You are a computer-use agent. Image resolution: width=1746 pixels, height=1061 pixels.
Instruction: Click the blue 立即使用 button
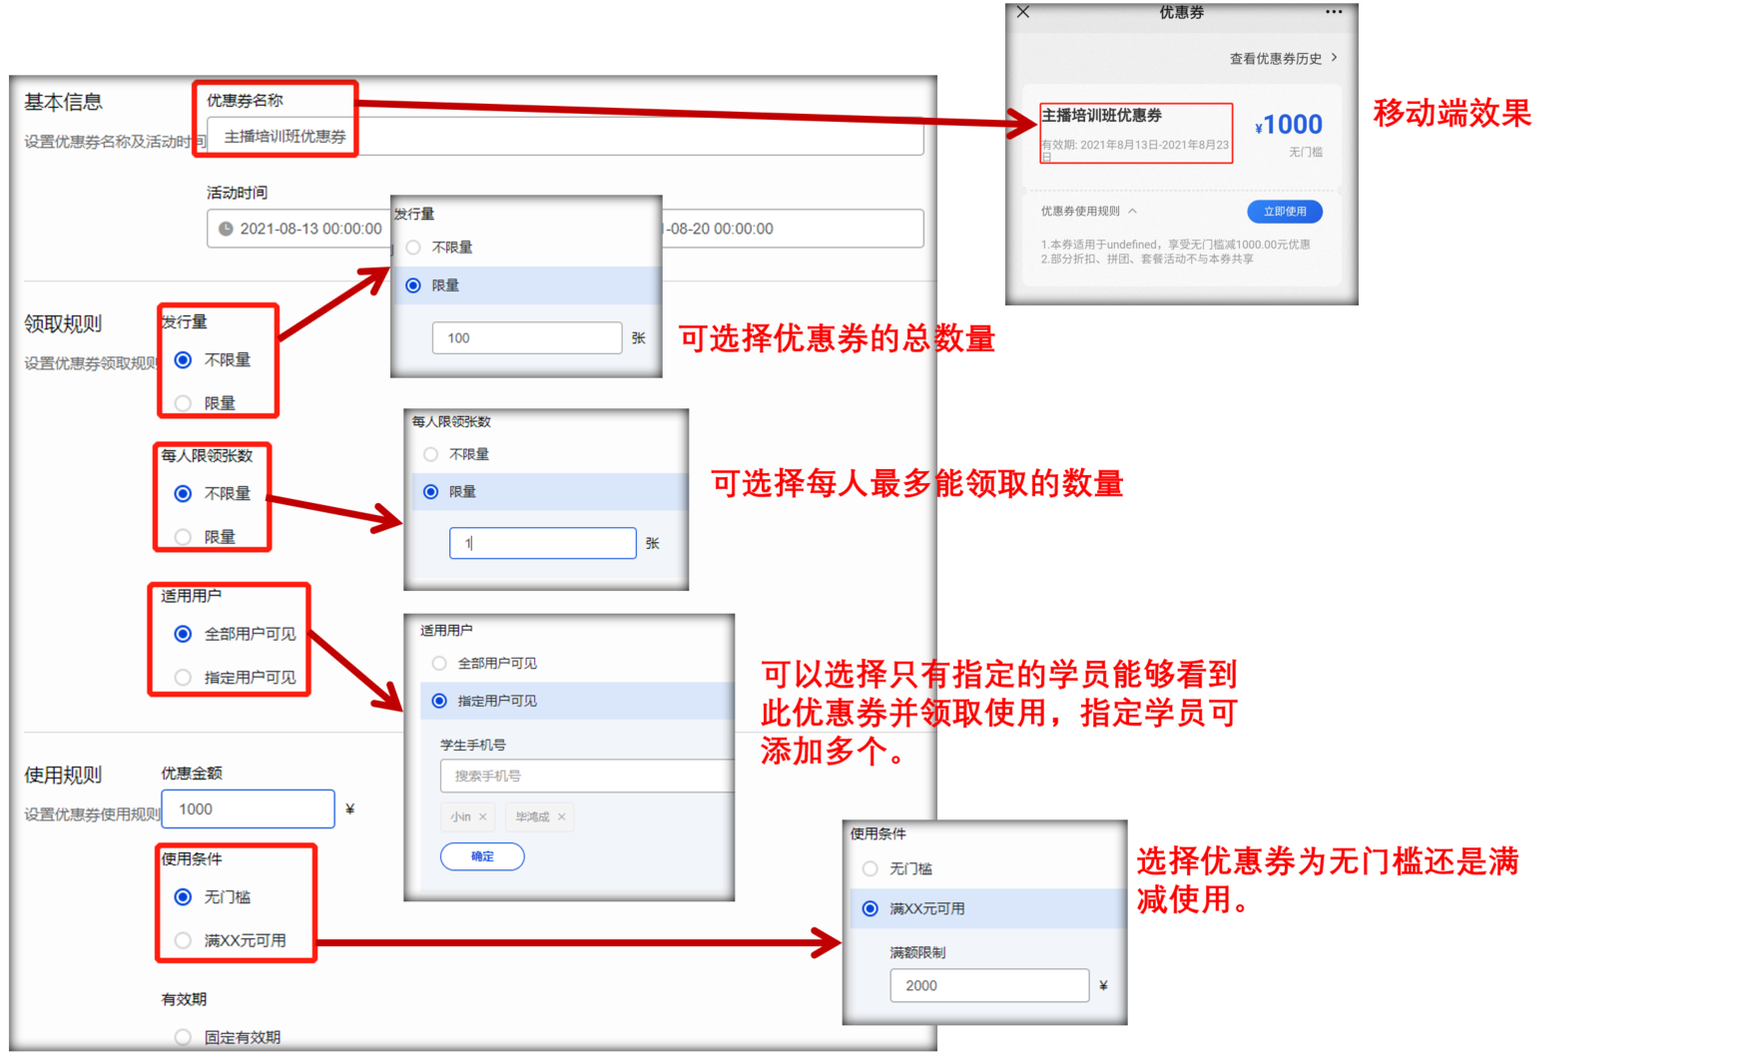pyautogui.click(x=1284, y=212)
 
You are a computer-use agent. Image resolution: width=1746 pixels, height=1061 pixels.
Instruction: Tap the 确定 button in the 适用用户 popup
pyautogui.click(x=482, y=856)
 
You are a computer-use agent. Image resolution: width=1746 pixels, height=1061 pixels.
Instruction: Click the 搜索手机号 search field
pyautogui.click(x=586, y=776)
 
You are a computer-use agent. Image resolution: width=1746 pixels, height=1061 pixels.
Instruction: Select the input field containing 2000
pyautogui.click(x=988, y=985)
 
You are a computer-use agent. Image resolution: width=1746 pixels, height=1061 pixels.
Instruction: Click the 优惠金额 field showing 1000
pyautogui.click(x=248, y=809)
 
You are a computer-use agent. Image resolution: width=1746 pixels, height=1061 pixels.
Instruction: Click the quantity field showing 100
pyautogui.click(x=526, y=338)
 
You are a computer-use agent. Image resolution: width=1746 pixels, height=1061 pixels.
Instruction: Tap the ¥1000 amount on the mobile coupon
pyautogui.click(x=1290, y=125)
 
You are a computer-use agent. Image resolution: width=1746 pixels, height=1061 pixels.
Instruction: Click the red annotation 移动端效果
pyautogui.click(x=1452, y=113)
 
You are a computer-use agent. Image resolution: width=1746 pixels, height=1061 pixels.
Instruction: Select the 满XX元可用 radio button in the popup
pyautogui.click(x=871, y=908)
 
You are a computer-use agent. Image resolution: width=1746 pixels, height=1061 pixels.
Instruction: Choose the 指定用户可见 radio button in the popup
pyautogui.click(x=439, y=701)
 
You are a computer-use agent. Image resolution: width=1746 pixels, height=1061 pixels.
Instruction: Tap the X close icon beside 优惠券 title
pyautogui.click(x=1023, y=12)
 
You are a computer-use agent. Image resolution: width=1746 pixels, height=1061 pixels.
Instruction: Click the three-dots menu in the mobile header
pyautogui.click(x=1334, y=12)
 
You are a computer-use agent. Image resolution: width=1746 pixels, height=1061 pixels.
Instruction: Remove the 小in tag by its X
pyautogui.click(x=483, y=816)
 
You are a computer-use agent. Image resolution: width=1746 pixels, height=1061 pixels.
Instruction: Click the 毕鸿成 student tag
pyautogui.click(x=532, y=816)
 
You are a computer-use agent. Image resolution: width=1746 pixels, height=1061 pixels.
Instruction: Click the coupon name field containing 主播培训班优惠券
pyautogui.click(x=564, y=137)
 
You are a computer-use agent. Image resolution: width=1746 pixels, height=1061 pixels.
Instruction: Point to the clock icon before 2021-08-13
pyautogui.click(x=226, y=229)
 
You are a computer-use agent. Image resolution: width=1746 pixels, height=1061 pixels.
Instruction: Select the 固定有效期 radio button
pyautogui.click(x=183, y=1037)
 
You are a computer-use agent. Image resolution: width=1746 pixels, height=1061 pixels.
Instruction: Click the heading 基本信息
pyautogui.click(x=63, y=102)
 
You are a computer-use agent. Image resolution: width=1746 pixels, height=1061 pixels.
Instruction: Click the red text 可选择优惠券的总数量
pyautogui.click(x=837, y=339)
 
